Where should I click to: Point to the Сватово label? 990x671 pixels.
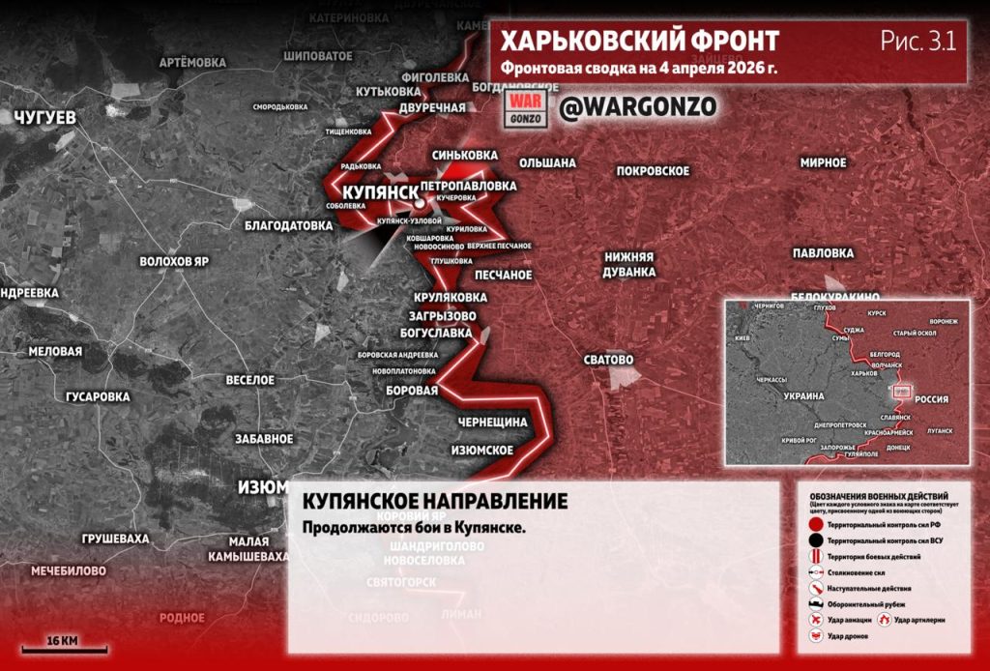tap(608, 360)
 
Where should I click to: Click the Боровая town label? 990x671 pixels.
tap(412, 391)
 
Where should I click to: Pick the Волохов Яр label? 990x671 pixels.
tap(174, 262)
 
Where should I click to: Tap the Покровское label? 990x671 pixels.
tap(653, 171)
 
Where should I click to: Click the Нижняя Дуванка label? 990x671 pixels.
tap(629, 265)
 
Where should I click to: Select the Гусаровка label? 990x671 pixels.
tap(98, 396)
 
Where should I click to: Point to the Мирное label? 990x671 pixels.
tap(823, 162)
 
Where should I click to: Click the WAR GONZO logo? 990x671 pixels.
tap(529, 107)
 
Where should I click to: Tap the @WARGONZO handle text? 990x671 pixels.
tap(638, 107)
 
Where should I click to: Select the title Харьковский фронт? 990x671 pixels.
tap(639, 42)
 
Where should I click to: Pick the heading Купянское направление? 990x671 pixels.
tap(435, 502)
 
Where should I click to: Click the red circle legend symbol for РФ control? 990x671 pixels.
tap(817, 524)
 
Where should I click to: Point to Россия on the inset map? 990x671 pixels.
tap(931, 399)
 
